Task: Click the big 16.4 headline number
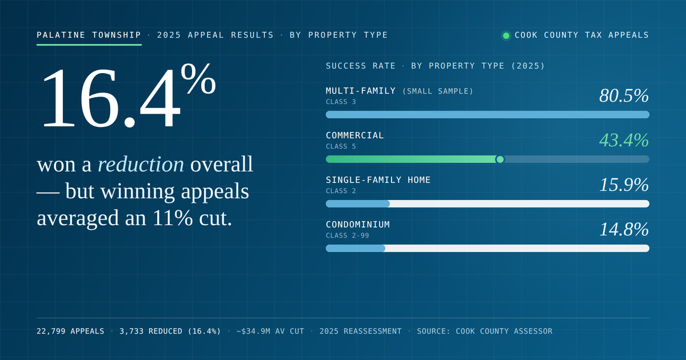coord(111,98)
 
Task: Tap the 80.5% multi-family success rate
coord(624,95)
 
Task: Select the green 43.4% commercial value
coord(624,140)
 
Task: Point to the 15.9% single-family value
coord(624,185)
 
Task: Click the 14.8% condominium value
coord(624,229)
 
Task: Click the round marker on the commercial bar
coord(500,159)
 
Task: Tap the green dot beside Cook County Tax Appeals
coord(506,35)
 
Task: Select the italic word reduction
coord(141,164)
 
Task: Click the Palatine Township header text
coord(89,35)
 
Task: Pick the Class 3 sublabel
coord(341,102)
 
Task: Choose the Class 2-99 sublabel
coord(348,235)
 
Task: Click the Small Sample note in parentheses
coord(438,91)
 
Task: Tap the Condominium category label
coord(358,225)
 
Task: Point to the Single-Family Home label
coord(378,179)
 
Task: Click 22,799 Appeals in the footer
coord(70,331)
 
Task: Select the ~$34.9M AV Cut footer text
coord(270,331)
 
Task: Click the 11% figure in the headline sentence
coord(173,218)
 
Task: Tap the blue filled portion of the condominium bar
coord(356,248)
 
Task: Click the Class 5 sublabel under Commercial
coord(341,146)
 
